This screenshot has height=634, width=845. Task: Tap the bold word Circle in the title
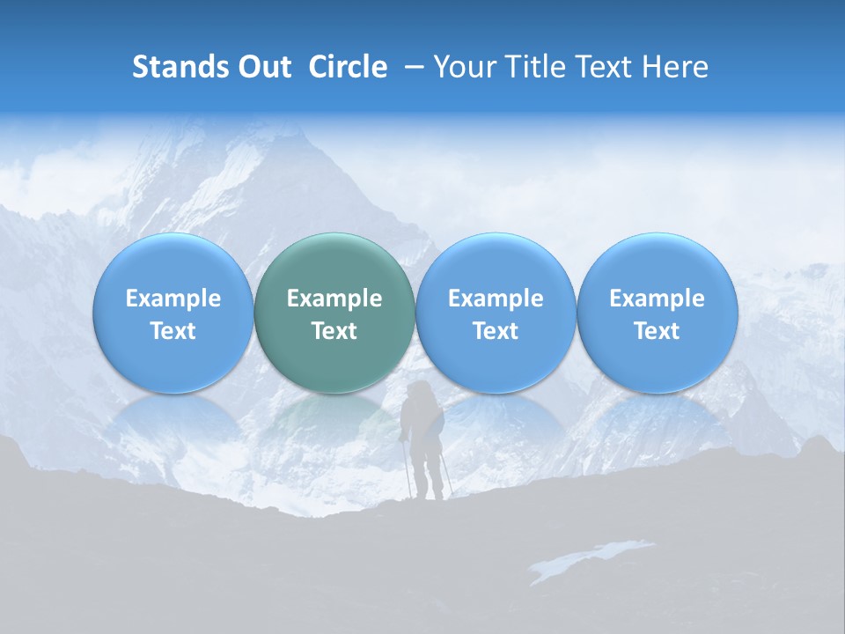pos(348,67)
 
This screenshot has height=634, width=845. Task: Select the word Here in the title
pos(675,67)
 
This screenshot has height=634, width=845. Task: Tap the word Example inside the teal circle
pos(334,299)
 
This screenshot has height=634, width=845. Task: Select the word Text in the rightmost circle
pos(657,331)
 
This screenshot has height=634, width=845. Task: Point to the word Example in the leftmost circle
pos(173,299)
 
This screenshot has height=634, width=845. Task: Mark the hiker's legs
pos(423,475)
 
